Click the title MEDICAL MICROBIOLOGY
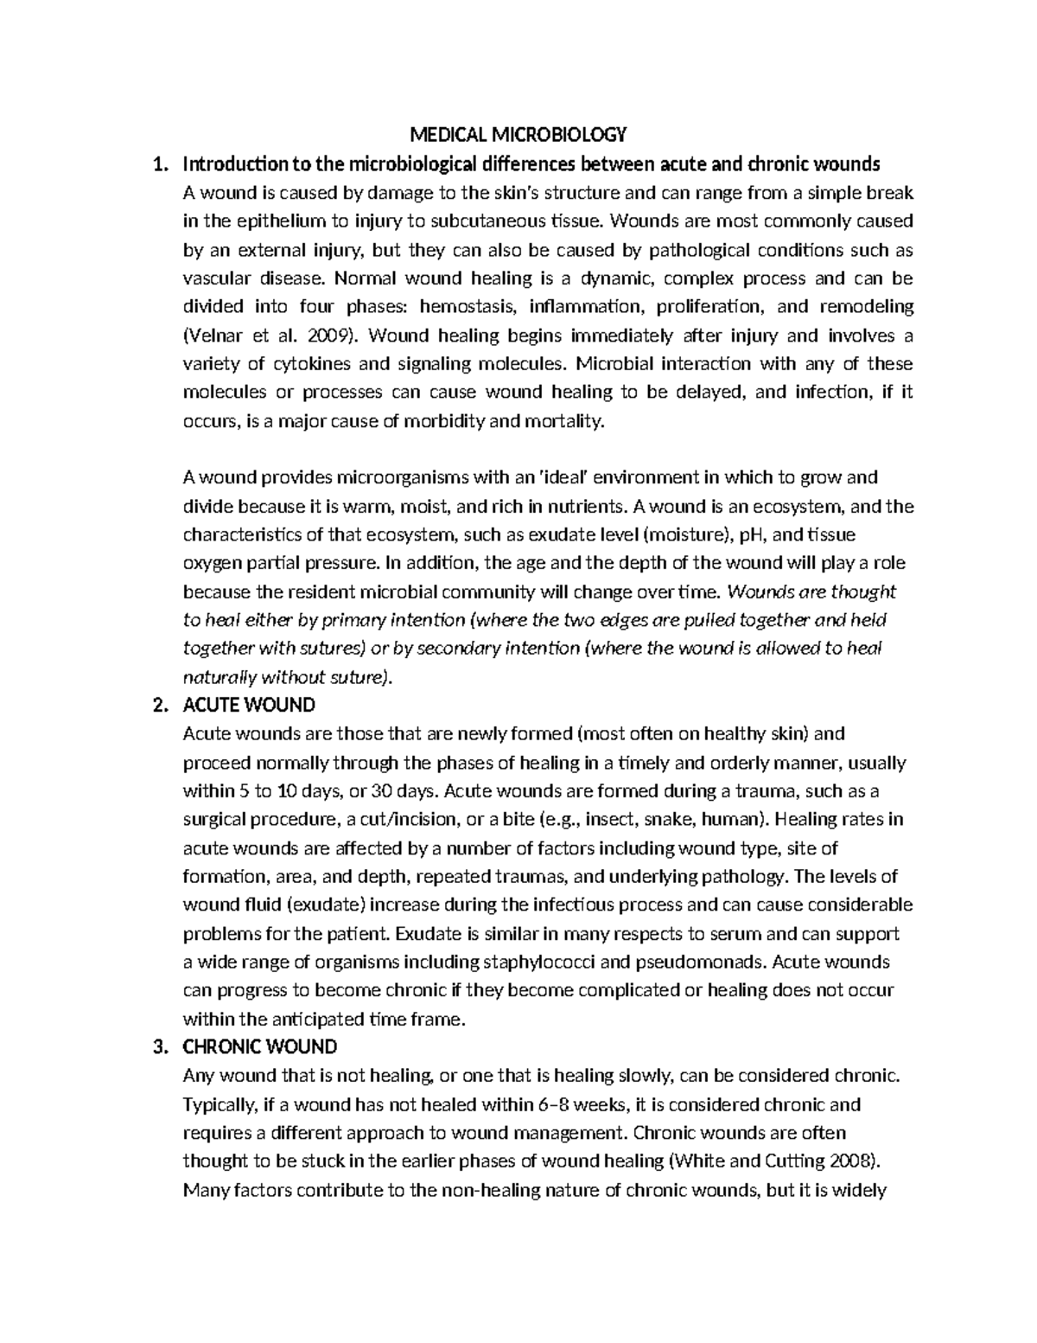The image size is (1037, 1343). [518, 135]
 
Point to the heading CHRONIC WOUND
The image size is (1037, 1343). [260, 1047]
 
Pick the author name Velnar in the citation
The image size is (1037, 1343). [211, 336]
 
